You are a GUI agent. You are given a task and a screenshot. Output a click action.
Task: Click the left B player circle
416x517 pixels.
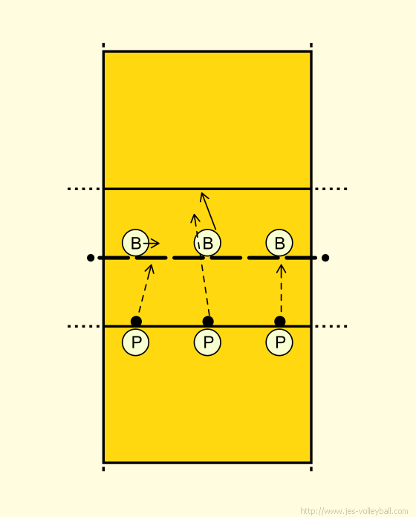point(135,243)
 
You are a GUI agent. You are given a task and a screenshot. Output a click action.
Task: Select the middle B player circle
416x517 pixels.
point(207,243)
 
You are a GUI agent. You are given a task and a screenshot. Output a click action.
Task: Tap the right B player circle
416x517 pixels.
point(279,243)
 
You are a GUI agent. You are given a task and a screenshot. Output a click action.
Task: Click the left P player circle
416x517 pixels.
point(135,342)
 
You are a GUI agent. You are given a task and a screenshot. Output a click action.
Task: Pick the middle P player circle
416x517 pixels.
point(207,342)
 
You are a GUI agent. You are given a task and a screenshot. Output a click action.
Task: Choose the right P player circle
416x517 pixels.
point(279,342)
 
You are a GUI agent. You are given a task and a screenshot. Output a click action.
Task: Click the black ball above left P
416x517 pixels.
point(136,321)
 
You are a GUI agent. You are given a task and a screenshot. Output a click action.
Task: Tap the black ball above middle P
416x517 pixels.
point(208,321)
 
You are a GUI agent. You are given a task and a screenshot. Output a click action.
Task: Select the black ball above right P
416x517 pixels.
point(280,321)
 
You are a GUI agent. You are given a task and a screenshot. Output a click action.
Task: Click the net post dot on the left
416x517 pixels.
point(91,258)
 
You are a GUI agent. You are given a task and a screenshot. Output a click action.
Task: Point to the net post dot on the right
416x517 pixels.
point(325,258)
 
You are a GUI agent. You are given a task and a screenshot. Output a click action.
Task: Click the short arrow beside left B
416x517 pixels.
point(152,244)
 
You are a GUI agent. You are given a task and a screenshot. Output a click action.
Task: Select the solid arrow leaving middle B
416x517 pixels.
point(209,212)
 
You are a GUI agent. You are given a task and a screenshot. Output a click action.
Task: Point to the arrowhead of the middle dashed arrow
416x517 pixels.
point(195,218)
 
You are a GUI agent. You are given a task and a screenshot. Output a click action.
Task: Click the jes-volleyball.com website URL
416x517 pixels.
point(354,511)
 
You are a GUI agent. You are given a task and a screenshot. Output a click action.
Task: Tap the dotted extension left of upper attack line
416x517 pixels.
point(84,189)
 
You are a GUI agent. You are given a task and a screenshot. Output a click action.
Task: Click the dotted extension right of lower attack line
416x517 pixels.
point(331,326)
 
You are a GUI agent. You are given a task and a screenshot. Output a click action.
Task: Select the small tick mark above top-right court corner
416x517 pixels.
point(311,45)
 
